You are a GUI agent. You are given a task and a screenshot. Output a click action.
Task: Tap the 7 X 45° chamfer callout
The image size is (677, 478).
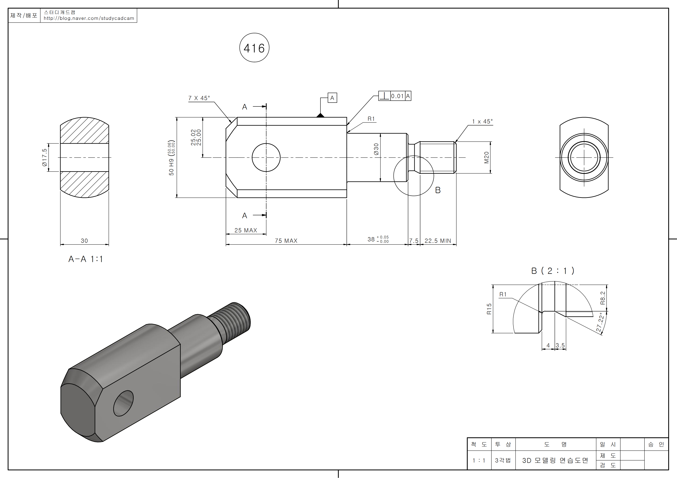tap(199, 98)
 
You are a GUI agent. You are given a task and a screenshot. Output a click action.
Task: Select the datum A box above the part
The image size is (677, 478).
tap(332, 98)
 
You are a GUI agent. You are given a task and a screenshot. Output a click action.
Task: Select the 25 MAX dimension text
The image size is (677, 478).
tap(246, 230)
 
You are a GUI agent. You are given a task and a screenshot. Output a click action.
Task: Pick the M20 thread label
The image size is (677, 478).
tap(486, 158)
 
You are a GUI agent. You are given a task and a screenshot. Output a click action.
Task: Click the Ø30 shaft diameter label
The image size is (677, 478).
tap(376, 149)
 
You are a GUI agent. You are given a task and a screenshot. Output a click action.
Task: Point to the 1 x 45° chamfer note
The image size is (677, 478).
tap(482, 122)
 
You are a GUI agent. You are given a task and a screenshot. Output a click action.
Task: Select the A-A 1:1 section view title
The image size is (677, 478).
tap(86, 259)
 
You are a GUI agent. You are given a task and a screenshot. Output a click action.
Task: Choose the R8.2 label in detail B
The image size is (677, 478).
tap(603, 298)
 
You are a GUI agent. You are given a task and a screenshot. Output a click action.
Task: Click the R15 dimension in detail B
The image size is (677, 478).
tap(489, 309)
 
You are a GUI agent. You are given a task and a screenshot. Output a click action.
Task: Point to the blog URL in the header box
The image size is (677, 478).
tap(89, 18)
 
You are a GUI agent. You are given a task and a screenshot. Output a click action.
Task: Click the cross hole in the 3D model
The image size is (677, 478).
tap(123, 403)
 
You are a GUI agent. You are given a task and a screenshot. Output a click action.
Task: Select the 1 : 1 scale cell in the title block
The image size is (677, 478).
tap(479, 460)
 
